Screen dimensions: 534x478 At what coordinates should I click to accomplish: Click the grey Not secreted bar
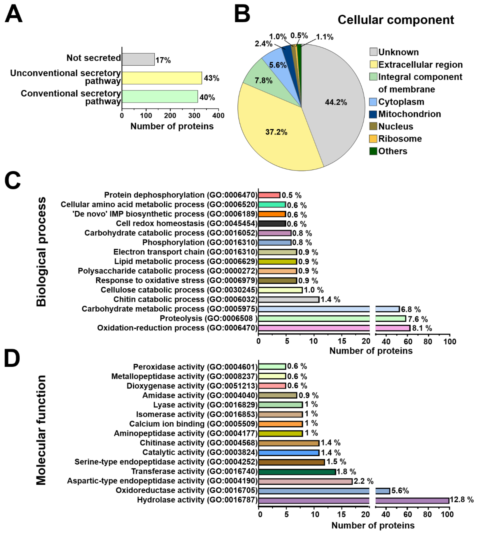138,59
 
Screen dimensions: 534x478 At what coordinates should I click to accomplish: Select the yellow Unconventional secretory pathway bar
162,78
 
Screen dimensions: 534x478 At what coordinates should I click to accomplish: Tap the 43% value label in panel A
211,78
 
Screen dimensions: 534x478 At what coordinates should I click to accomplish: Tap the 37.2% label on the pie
276,132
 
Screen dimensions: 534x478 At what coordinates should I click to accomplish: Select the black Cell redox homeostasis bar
272,224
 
